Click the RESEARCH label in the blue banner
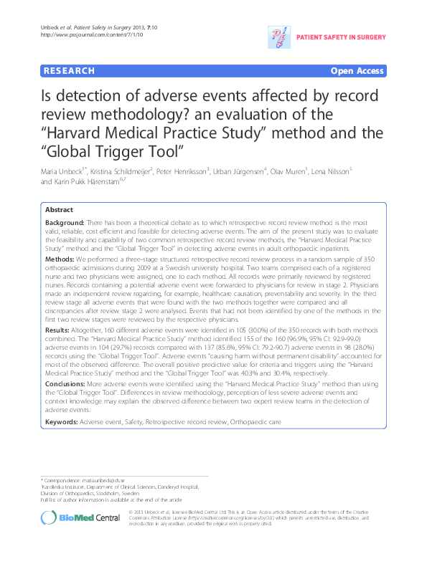68,71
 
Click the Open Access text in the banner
357,71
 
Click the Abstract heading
59,210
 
